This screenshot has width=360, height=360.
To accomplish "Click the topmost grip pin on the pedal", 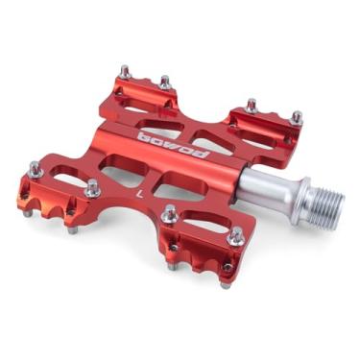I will [125, 71].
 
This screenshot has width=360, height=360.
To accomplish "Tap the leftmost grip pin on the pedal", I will [35, 168].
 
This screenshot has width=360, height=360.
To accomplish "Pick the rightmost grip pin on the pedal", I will [297, 118].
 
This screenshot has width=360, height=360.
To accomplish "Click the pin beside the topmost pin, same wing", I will [164, 83].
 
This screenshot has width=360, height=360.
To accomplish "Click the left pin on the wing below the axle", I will [169, 213].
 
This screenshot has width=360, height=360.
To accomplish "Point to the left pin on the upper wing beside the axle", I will [252, 104].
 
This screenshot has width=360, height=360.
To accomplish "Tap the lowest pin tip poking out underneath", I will [223, 283].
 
